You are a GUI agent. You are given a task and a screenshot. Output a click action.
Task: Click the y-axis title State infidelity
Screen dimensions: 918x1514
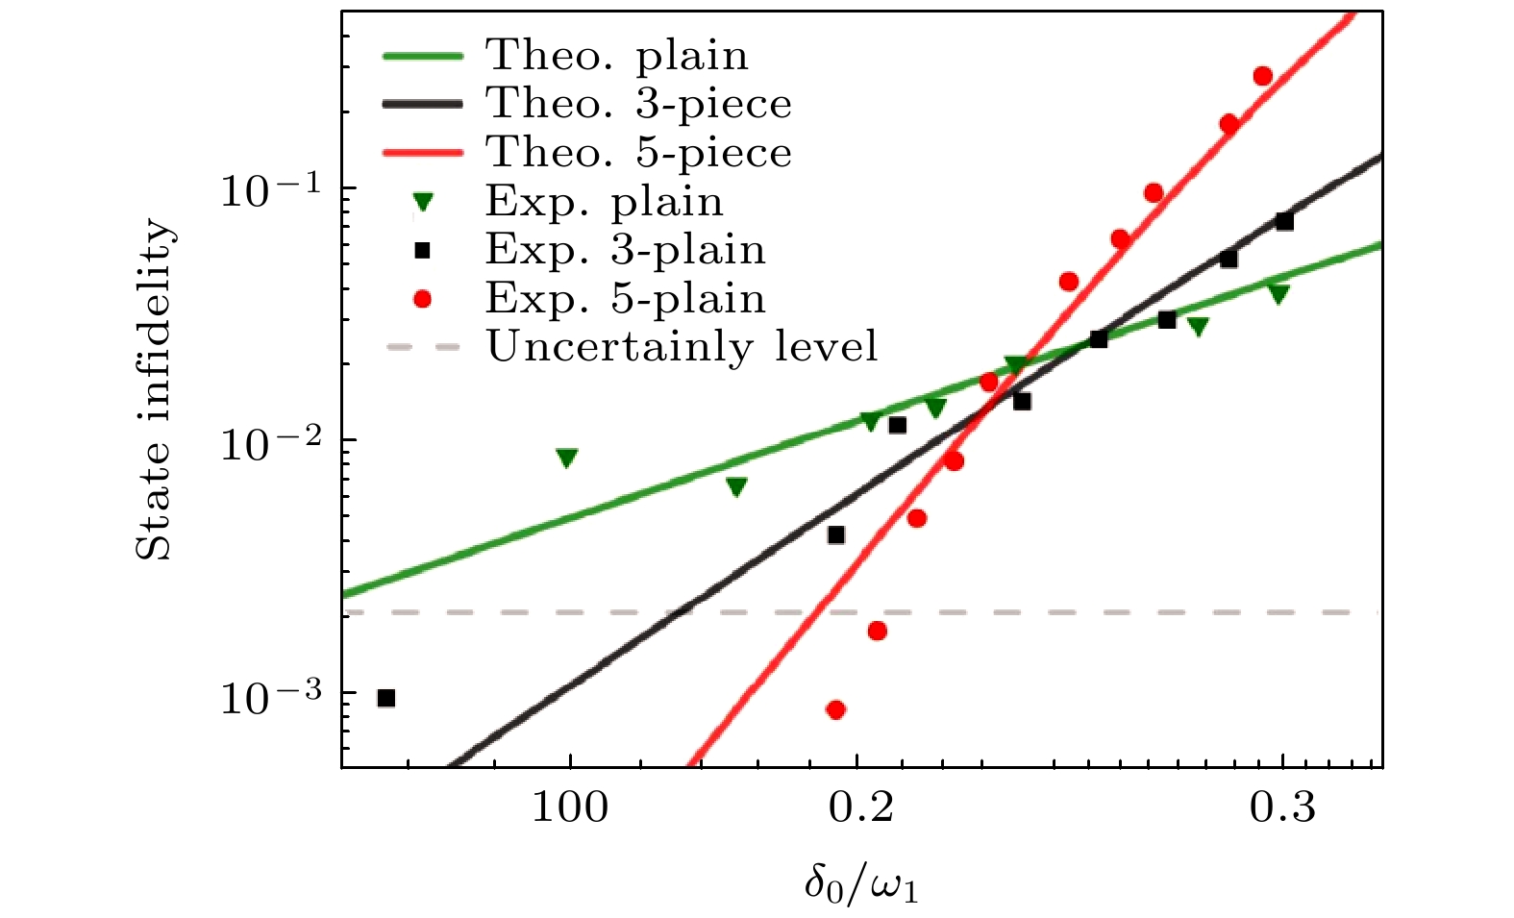coord(155,390)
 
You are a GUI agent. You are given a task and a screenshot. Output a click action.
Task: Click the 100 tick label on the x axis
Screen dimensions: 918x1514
coord(570,807)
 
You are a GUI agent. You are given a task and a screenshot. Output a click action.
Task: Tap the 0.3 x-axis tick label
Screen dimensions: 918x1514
coord(1282,807)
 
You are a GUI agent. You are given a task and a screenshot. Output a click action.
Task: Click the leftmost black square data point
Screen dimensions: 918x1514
coord(386,698)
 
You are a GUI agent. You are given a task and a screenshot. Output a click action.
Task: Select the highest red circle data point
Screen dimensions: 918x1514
coord(1263,76)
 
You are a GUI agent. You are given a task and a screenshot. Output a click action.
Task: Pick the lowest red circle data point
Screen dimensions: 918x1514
coord(835,709)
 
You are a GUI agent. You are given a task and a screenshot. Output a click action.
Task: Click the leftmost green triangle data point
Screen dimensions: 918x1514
coord(567,459)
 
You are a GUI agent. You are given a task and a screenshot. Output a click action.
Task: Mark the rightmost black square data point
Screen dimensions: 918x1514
coord(1284,222)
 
